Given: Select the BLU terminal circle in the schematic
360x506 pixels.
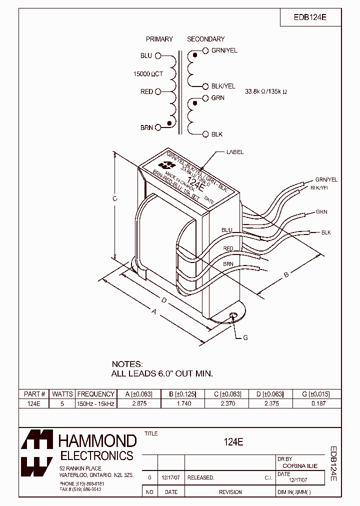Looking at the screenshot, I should (158, 56).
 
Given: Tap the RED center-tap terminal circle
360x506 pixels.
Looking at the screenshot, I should (158, 91).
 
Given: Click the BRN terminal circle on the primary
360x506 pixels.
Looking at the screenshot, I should (158, 127).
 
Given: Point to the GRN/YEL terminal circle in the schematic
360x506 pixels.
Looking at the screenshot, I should (205, 50).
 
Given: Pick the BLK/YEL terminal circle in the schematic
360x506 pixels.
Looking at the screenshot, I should (205, 86).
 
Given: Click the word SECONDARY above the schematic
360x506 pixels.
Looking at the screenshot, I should (205, 39).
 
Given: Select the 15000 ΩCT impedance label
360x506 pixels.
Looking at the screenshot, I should (148, 74).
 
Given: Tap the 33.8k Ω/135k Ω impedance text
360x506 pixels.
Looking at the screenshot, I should (266, 92).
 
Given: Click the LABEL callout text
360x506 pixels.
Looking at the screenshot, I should (234, 152).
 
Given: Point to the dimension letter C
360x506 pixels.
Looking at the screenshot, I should (114, 199).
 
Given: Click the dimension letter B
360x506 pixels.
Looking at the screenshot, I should (286, 274).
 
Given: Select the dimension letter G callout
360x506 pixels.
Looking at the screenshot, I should (245, 338).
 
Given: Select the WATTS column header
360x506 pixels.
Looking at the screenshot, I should (62, 394).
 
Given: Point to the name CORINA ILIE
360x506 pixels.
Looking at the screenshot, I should (300, 465).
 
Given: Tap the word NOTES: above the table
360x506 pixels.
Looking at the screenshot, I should (127, 364).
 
